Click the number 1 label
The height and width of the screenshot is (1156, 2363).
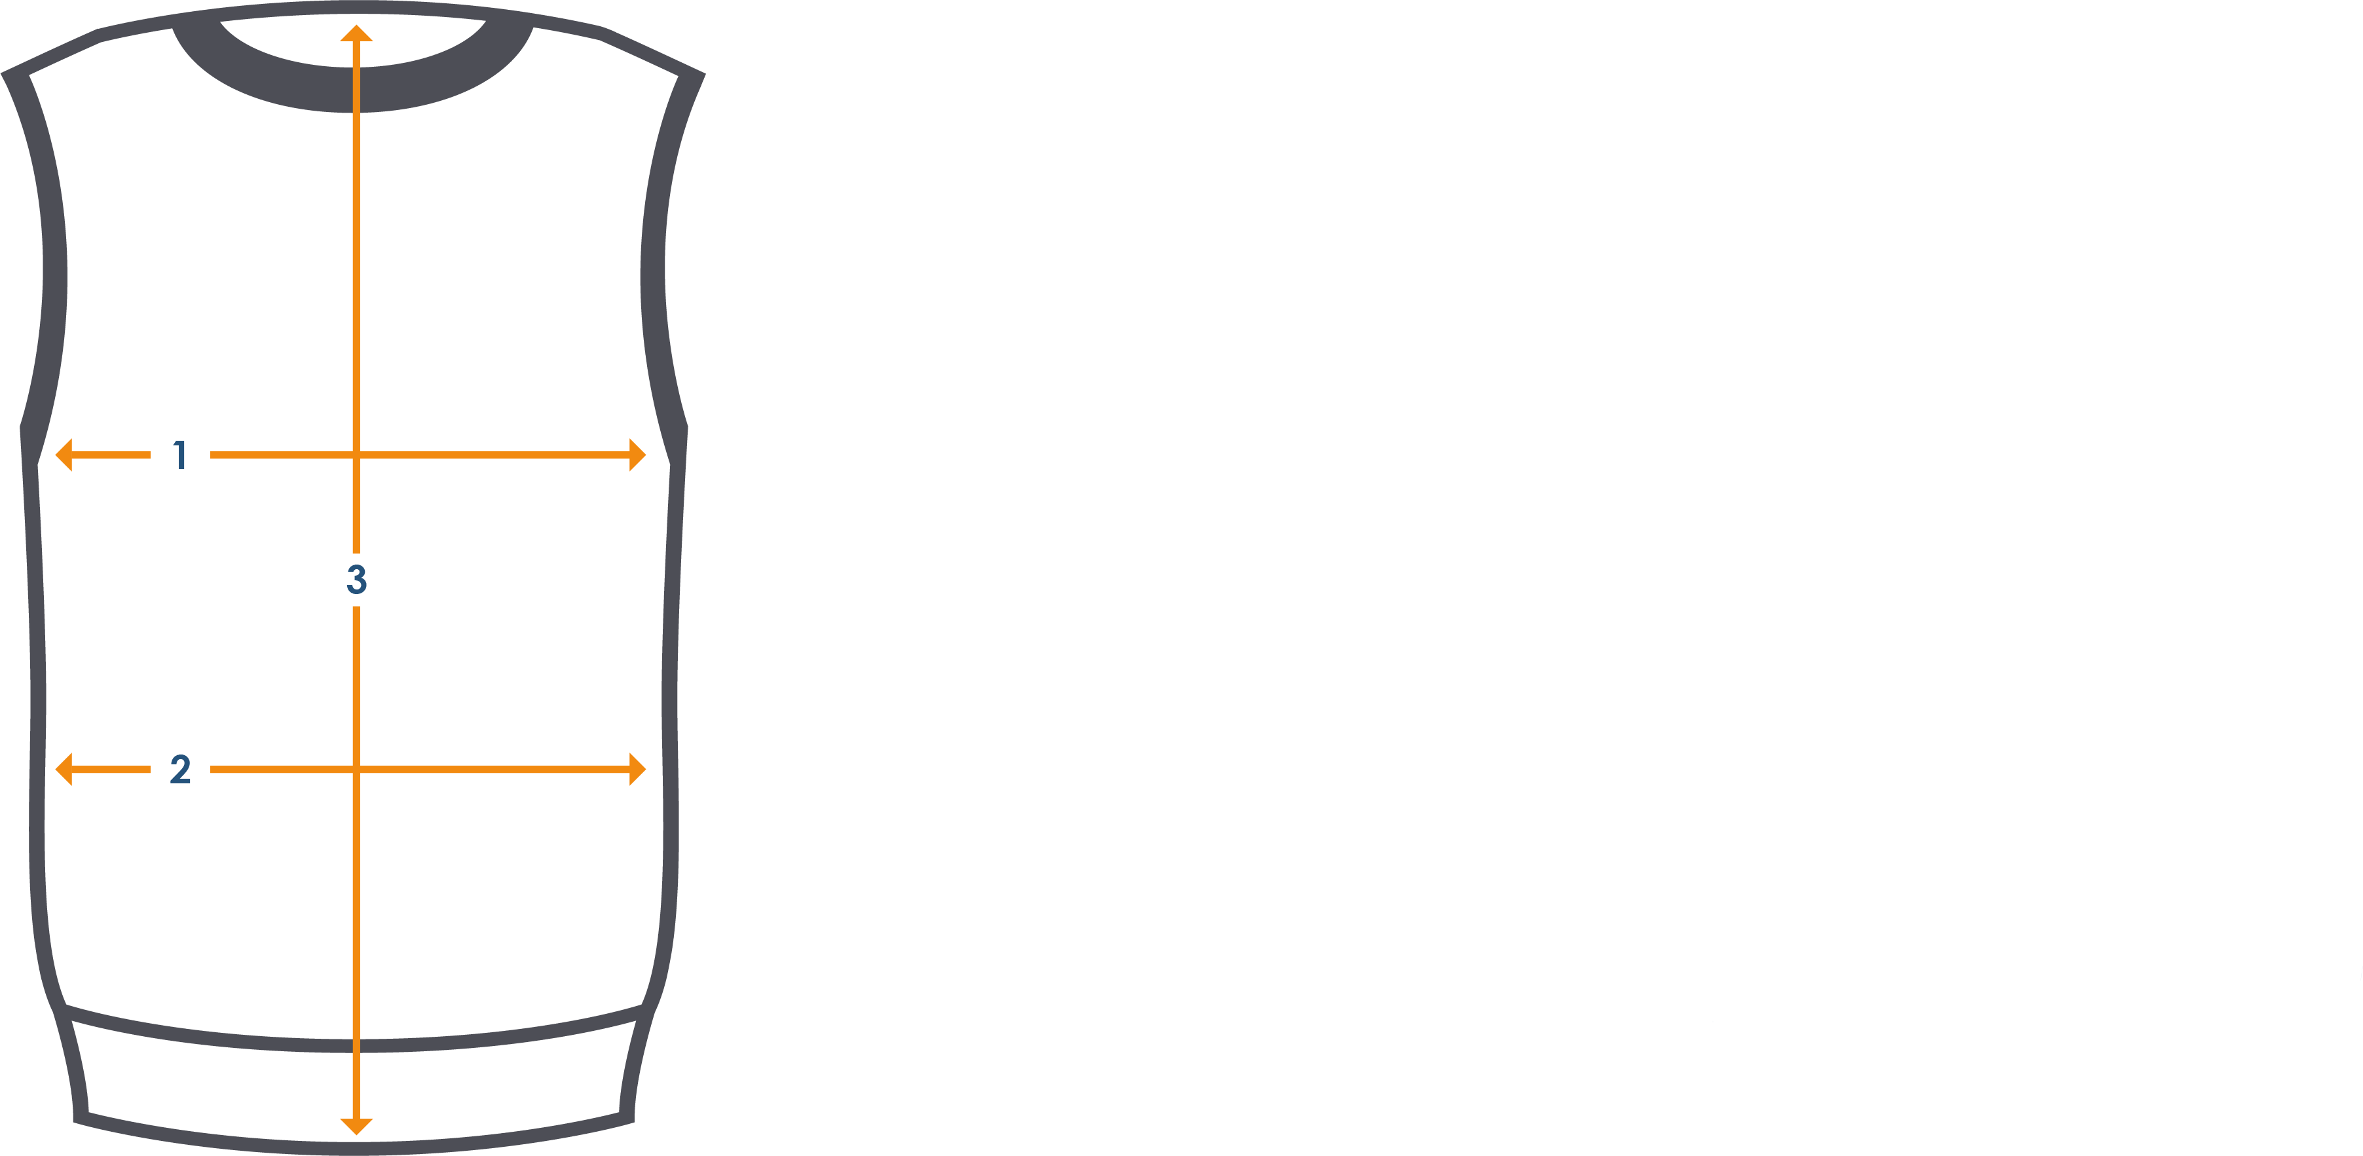click(181, 455)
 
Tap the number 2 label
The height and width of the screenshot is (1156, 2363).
click(181, 770)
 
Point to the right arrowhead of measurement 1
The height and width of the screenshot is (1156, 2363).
click(637, 455)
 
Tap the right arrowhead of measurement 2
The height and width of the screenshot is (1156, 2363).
click(637, 770)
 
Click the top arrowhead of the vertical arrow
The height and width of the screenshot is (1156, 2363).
click(356, 33)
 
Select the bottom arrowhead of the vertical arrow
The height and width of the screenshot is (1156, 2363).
click(356, 1127)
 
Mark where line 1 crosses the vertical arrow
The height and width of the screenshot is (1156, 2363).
click(356, 455)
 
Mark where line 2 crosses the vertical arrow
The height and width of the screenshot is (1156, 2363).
click(356, 770)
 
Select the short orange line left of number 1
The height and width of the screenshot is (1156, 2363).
click(110, 455)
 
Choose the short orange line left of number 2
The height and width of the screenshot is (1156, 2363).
click(110, 770)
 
